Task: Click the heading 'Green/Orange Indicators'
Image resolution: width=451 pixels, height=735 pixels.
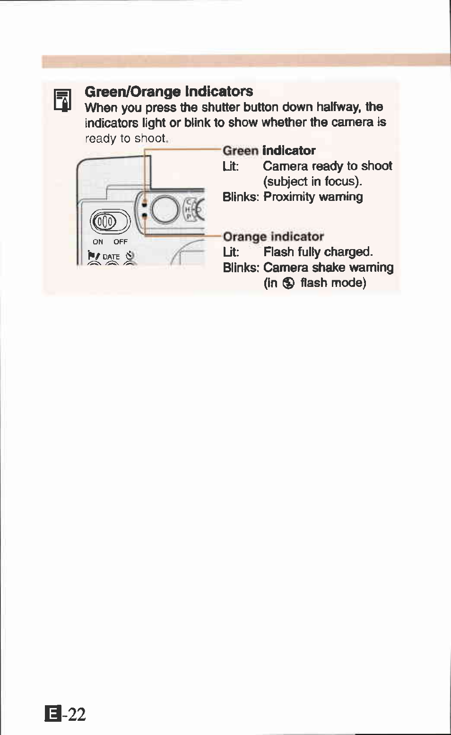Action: [168, 91]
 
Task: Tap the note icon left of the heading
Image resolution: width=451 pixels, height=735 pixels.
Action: [62, 100]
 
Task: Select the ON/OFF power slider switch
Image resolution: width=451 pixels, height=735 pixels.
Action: [110, 221]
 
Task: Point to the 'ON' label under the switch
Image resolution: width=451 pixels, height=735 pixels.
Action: [98, 242]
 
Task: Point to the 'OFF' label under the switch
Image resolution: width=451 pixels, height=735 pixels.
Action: [121, 242]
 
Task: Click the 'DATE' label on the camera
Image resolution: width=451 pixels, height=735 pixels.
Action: [112, 257]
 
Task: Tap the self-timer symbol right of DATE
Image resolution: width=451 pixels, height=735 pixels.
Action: [130, 256]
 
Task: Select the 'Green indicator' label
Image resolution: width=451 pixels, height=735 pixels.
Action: [269, 151]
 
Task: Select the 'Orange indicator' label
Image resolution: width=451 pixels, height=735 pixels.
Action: [273, 236]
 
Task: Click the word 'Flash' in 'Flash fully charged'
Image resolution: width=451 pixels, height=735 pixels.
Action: [278, 252]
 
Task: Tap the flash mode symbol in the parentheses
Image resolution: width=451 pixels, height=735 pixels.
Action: [288, 283]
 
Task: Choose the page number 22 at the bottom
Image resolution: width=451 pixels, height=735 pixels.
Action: [76, 714]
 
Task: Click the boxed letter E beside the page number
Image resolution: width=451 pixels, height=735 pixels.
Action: [52, 714]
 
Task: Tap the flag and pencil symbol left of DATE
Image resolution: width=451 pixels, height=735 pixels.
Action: [93, 256]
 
